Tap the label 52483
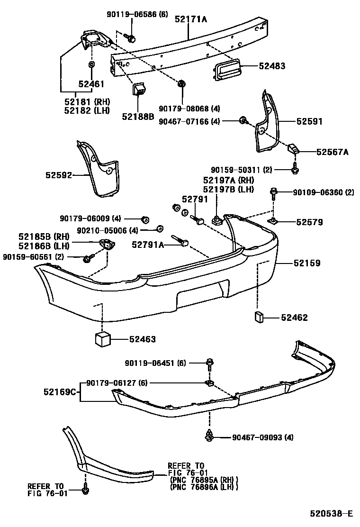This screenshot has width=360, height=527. pyautogui.click(x=272, y=66)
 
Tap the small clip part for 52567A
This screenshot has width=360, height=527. pyautogui.click(x=293, y=150)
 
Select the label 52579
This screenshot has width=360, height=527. pyautogui.click(x=309, y=221)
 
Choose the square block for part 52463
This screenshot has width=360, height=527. pyautogui.click(x=104, y=339)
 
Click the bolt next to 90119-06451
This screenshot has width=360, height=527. pyautogui.click(x=209, y=364)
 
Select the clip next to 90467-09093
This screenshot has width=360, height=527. pyautogui.click(x=208, y=436)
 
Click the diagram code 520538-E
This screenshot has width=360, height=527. pyautogui.click(x=332, y=513)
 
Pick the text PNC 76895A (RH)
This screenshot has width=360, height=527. pyautogui.click(x=204, y=480)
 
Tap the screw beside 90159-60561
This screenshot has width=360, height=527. pyautogui.click(x=87, y=257)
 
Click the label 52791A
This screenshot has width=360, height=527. pyautogui.click(x=148, y=245)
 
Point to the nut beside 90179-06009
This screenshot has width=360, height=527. pyautogui.click(x=145, y=218)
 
